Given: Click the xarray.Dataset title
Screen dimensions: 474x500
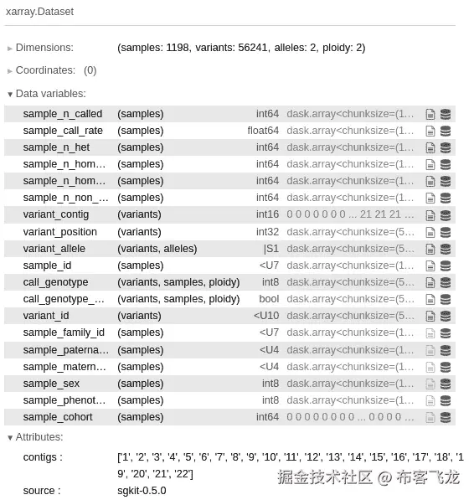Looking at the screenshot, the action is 39,11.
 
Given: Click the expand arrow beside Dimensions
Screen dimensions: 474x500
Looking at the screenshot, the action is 10,48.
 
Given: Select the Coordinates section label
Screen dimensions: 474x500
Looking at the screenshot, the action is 45,70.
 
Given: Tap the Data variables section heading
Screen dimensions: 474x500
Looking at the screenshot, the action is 50,94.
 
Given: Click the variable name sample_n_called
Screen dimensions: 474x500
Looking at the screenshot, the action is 62,114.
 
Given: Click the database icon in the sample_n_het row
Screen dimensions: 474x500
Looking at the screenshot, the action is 446,147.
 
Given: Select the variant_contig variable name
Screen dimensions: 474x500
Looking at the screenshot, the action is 55,214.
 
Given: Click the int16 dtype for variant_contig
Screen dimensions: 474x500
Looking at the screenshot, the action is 267,214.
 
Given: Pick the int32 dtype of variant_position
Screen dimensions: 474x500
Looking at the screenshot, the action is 267,231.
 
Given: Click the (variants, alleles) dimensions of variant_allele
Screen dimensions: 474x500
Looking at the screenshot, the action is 157,249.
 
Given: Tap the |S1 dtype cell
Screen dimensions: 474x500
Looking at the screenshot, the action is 270,249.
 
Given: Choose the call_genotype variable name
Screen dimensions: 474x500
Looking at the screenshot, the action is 55,282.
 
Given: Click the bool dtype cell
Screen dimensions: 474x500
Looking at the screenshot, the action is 269,299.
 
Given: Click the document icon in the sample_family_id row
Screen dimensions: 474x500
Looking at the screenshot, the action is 430,333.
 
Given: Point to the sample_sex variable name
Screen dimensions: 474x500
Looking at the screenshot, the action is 51,384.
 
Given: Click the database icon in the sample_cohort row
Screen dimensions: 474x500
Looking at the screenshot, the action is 446,417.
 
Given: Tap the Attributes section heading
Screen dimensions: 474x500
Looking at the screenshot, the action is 39,437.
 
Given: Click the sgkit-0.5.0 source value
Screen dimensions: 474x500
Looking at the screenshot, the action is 142,491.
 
